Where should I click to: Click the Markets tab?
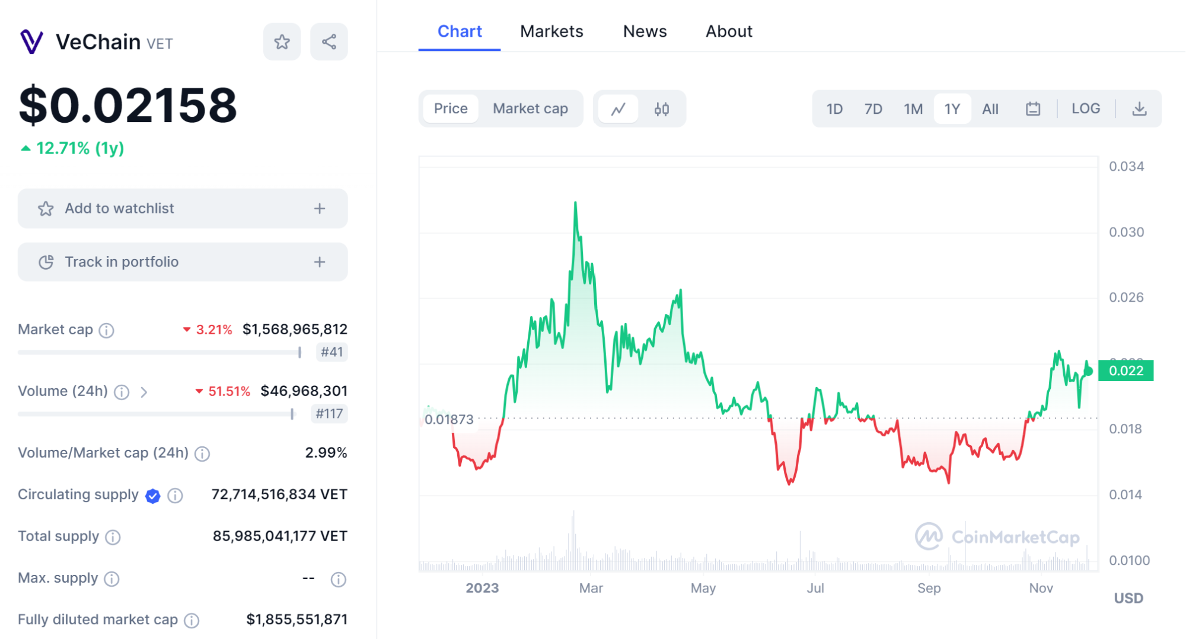(x=551, y=31)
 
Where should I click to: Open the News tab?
(x=645, y=31)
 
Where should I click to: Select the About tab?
(x=729, y=31)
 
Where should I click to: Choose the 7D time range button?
(x=873, y=109)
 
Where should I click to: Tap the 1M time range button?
(x=913, y=109)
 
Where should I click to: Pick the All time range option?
(x=990, y=109)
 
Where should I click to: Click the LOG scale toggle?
(x=1086, y=108)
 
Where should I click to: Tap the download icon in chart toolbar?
(x=1139, y=109)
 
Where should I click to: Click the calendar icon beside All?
(x=1033, y=109)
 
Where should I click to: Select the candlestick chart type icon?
(x=662, y=109)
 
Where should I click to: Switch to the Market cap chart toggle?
(x=530, y=109)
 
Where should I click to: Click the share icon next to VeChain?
(x=329, y=41)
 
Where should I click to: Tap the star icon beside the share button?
(x=282, y=41)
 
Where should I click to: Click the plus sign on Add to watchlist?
(x=320, y=209)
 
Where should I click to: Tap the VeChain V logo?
(x=31, y=42)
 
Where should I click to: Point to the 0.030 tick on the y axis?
(x=1126, y=232)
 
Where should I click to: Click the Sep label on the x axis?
(x=929, y=588)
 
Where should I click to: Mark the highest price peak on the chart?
(x=575, y=203)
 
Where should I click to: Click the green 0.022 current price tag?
(x=1126, y=370)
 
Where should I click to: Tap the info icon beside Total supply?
(x=113, y=537)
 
